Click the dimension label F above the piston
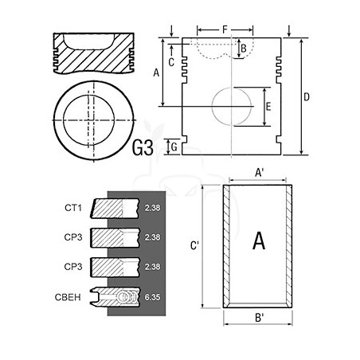coord(225,29)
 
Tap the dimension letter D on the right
coord(307,97)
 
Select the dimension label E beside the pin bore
coord(268,107)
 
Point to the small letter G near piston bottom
coord(174,147)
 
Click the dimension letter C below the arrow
coord(171,62)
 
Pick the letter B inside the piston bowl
coord(244,49)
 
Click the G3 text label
coord(143,147)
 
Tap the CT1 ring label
coord(73,208)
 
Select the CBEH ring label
coord(68,297)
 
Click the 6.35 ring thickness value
coord(152,297)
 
